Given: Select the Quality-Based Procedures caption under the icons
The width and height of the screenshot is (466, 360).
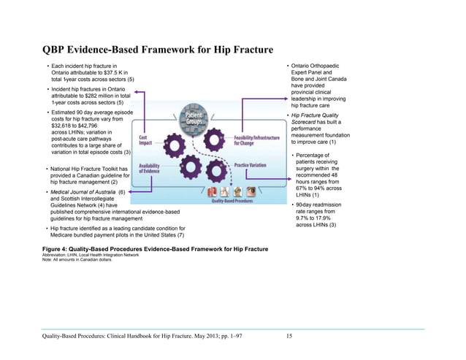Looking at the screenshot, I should point(233,202).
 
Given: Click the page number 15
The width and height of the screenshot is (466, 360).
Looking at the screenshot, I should point(289,335).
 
